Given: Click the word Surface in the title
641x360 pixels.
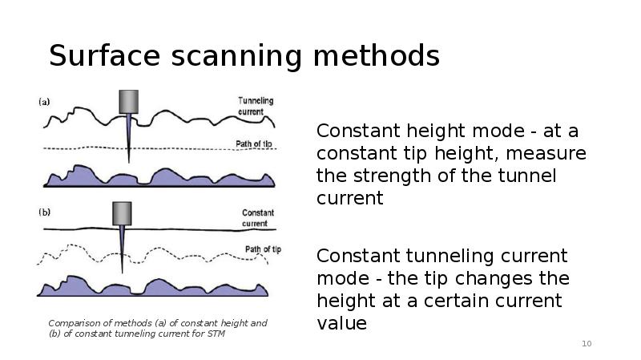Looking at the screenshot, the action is click(105, 55).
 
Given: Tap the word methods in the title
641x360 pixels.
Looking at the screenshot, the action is click(377, 55).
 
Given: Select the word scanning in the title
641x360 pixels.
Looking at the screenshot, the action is click(236, 57).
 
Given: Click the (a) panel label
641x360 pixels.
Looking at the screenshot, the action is click(44, 102).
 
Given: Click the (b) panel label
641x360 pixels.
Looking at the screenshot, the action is click(45, 212).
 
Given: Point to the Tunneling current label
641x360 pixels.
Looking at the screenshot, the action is click(256, 106).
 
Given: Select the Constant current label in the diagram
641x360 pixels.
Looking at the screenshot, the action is click(257, 218).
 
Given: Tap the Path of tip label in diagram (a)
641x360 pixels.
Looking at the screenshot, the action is click(254, 144).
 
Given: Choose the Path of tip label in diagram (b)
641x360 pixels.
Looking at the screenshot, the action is click(264, 249).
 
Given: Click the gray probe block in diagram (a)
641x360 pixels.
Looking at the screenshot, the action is click(129, 102).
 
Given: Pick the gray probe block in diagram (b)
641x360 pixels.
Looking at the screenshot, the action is click(122, 213).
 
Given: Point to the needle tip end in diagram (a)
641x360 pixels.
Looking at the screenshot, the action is click(129, 163).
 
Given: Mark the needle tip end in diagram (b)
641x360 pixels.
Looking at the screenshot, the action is click(123, 273).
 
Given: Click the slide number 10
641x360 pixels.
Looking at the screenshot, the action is click(587, 344).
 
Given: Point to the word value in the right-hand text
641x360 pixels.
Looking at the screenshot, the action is click(342, 323).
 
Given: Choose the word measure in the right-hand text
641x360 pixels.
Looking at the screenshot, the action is click(546, 154).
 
